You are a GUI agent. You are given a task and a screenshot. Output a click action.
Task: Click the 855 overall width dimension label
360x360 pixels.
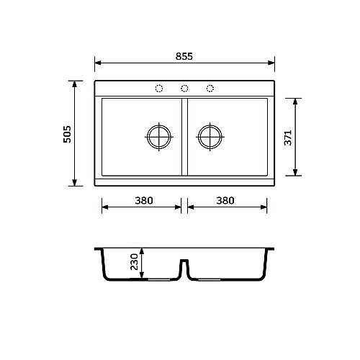(x=184, y=56)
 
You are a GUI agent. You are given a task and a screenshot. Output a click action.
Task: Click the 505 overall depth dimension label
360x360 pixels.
(x=67, y=135)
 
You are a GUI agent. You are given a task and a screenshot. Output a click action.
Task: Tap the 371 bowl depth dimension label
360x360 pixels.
(x=288, y=138)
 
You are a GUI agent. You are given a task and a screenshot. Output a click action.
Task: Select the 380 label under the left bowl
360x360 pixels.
(x=144, y=201)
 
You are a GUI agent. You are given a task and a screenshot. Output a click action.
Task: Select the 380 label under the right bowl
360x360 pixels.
(x=225, y=201)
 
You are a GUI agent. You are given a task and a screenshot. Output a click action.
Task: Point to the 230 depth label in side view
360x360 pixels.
(x=134, y=262)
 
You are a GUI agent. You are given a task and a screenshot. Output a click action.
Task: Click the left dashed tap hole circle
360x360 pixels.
(x=159, y=89)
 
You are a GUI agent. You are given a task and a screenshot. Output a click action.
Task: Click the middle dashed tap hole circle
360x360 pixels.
(x=184, y=89)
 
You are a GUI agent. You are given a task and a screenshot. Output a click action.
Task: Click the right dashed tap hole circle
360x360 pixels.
(x=210, y=89)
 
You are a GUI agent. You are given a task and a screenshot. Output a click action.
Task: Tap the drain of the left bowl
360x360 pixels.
(x=159, y=137)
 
